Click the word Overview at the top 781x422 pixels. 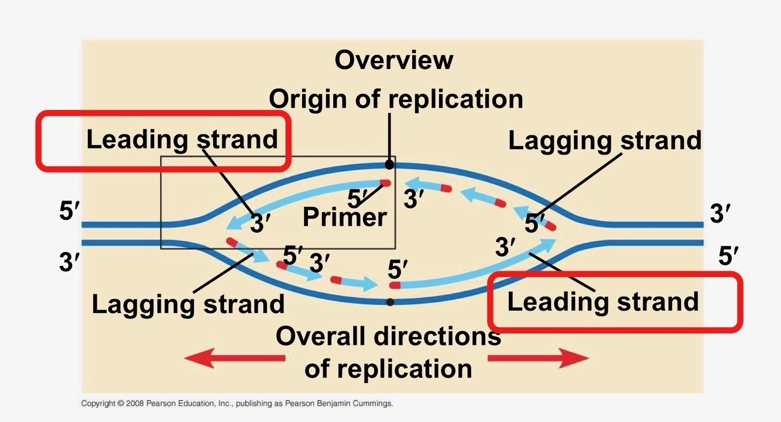[x=393, y=60]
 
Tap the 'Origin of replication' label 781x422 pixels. [x=396, y=99]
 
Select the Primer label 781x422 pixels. [x=344, y=217]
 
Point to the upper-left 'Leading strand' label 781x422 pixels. [x=181, y=140]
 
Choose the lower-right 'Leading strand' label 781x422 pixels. [x=602, y=302]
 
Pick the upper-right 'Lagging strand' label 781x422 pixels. [x=604, y=141]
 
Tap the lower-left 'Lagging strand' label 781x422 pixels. [x=188, y=304]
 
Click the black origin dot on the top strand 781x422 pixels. [x=389, y=165]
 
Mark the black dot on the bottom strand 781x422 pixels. [x=390, y=302]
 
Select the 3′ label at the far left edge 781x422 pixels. [x=69, y=261]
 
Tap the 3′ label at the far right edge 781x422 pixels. [x=721, y=214]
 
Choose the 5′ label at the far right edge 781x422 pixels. [x=728, y=256]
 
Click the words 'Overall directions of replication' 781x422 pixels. [x=388, y=352]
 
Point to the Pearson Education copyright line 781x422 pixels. [x=237, y=403]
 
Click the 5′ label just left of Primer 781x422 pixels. [x=357, y=199]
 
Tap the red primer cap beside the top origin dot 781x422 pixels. [x=385, y=183]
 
